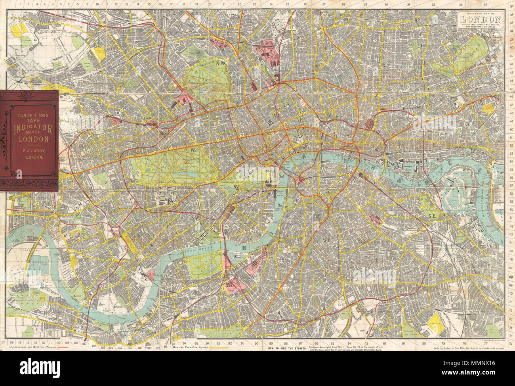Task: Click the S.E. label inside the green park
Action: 431,216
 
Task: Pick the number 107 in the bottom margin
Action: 84,344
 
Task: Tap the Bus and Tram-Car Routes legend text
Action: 190,347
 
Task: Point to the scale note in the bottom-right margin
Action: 463,348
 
